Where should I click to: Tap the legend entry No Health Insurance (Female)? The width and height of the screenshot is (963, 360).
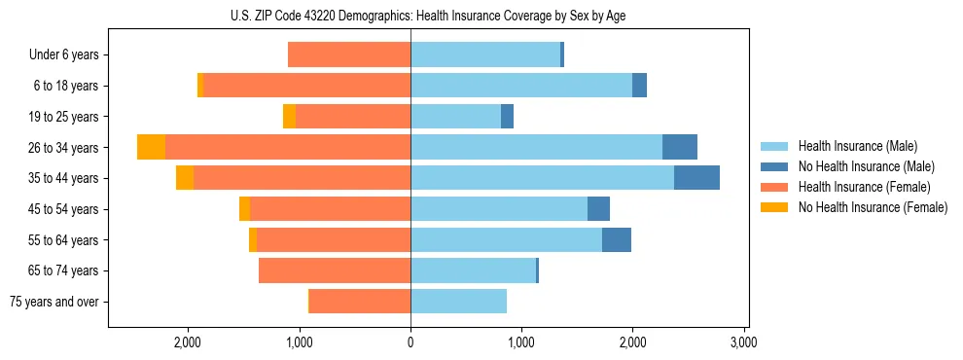tap(872, 207)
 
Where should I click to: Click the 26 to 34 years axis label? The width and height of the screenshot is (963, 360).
tap(63, 148)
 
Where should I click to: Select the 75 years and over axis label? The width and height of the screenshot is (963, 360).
tap(54, 302)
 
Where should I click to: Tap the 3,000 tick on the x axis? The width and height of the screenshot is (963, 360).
tap(743, 342)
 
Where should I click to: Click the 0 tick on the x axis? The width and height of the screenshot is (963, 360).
tap(410, 342)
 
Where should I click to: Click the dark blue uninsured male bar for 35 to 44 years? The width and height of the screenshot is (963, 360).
tap(696, 178)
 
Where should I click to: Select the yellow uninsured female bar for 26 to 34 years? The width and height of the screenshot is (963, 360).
tap(151, 147)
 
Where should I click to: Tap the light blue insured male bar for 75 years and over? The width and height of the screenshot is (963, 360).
tap(458, 302)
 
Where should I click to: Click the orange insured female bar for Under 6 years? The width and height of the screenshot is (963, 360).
tap(349, 55)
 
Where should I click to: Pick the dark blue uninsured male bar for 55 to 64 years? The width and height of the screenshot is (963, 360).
tap(617, 239)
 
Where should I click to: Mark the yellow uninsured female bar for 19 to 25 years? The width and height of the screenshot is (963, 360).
tap(289, 117)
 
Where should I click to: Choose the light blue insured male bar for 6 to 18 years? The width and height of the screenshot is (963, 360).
tap(521, 86)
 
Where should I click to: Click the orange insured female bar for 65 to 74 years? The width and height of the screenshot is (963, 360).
tap(335, 270)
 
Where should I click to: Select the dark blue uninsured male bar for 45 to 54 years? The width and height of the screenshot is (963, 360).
tap(598, 209)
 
